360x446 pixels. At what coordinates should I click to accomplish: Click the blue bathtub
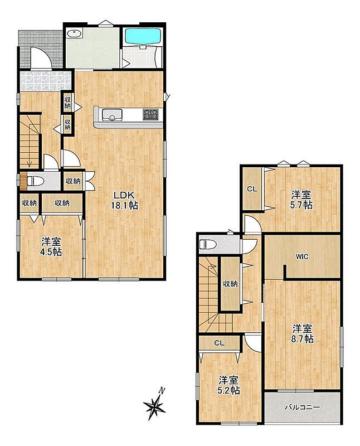[x=143, y=36]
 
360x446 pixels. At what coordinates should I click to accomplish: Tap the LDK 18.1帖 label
[x=124, y=200]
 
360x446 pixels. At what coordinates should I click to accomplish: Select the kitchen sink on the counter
[x=112, y=114]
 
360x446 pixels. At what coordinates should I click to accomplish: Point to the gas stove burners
[x=150, y=114]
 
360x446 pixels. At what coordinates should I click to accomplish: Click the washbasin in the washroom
[x=75, y=34]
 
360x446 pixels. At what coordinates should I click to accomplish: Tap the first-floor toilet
[x=35, y=181]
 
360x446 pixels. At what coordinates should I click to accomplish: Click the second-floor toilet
[x=207, y=244]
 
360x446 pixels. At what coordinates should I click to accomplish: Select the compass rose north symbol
[x=155, y=404]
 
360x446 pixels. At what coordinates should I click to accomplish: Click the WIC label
[x=301, y=257]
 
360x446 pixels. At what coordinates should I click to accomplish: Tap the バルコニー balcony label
[x=303, y=408]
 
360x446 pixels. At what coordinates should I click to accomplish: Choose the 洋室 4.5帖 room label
[x=51, y=247]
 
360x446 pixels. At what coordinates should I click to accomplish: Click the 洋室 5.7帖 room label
[x=301, y=200]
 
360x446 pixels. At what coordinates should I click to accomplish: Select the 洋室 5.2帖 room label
[x=228, y=385]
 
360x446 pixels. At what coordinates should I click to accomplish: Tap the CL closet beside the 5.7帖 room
[x=252, y=189]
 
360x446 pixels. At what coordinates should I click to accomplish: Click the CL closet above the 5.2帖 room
[x=219, y=343]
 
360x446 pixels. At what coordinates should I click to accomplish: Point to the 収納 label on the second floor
[x=230, y=284]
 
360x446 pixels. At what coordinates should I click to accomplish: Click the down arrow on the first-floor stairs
[x=29, y=163]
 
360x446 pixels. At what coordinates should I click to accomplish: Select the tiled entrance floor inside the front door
[x=45, y=81]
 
